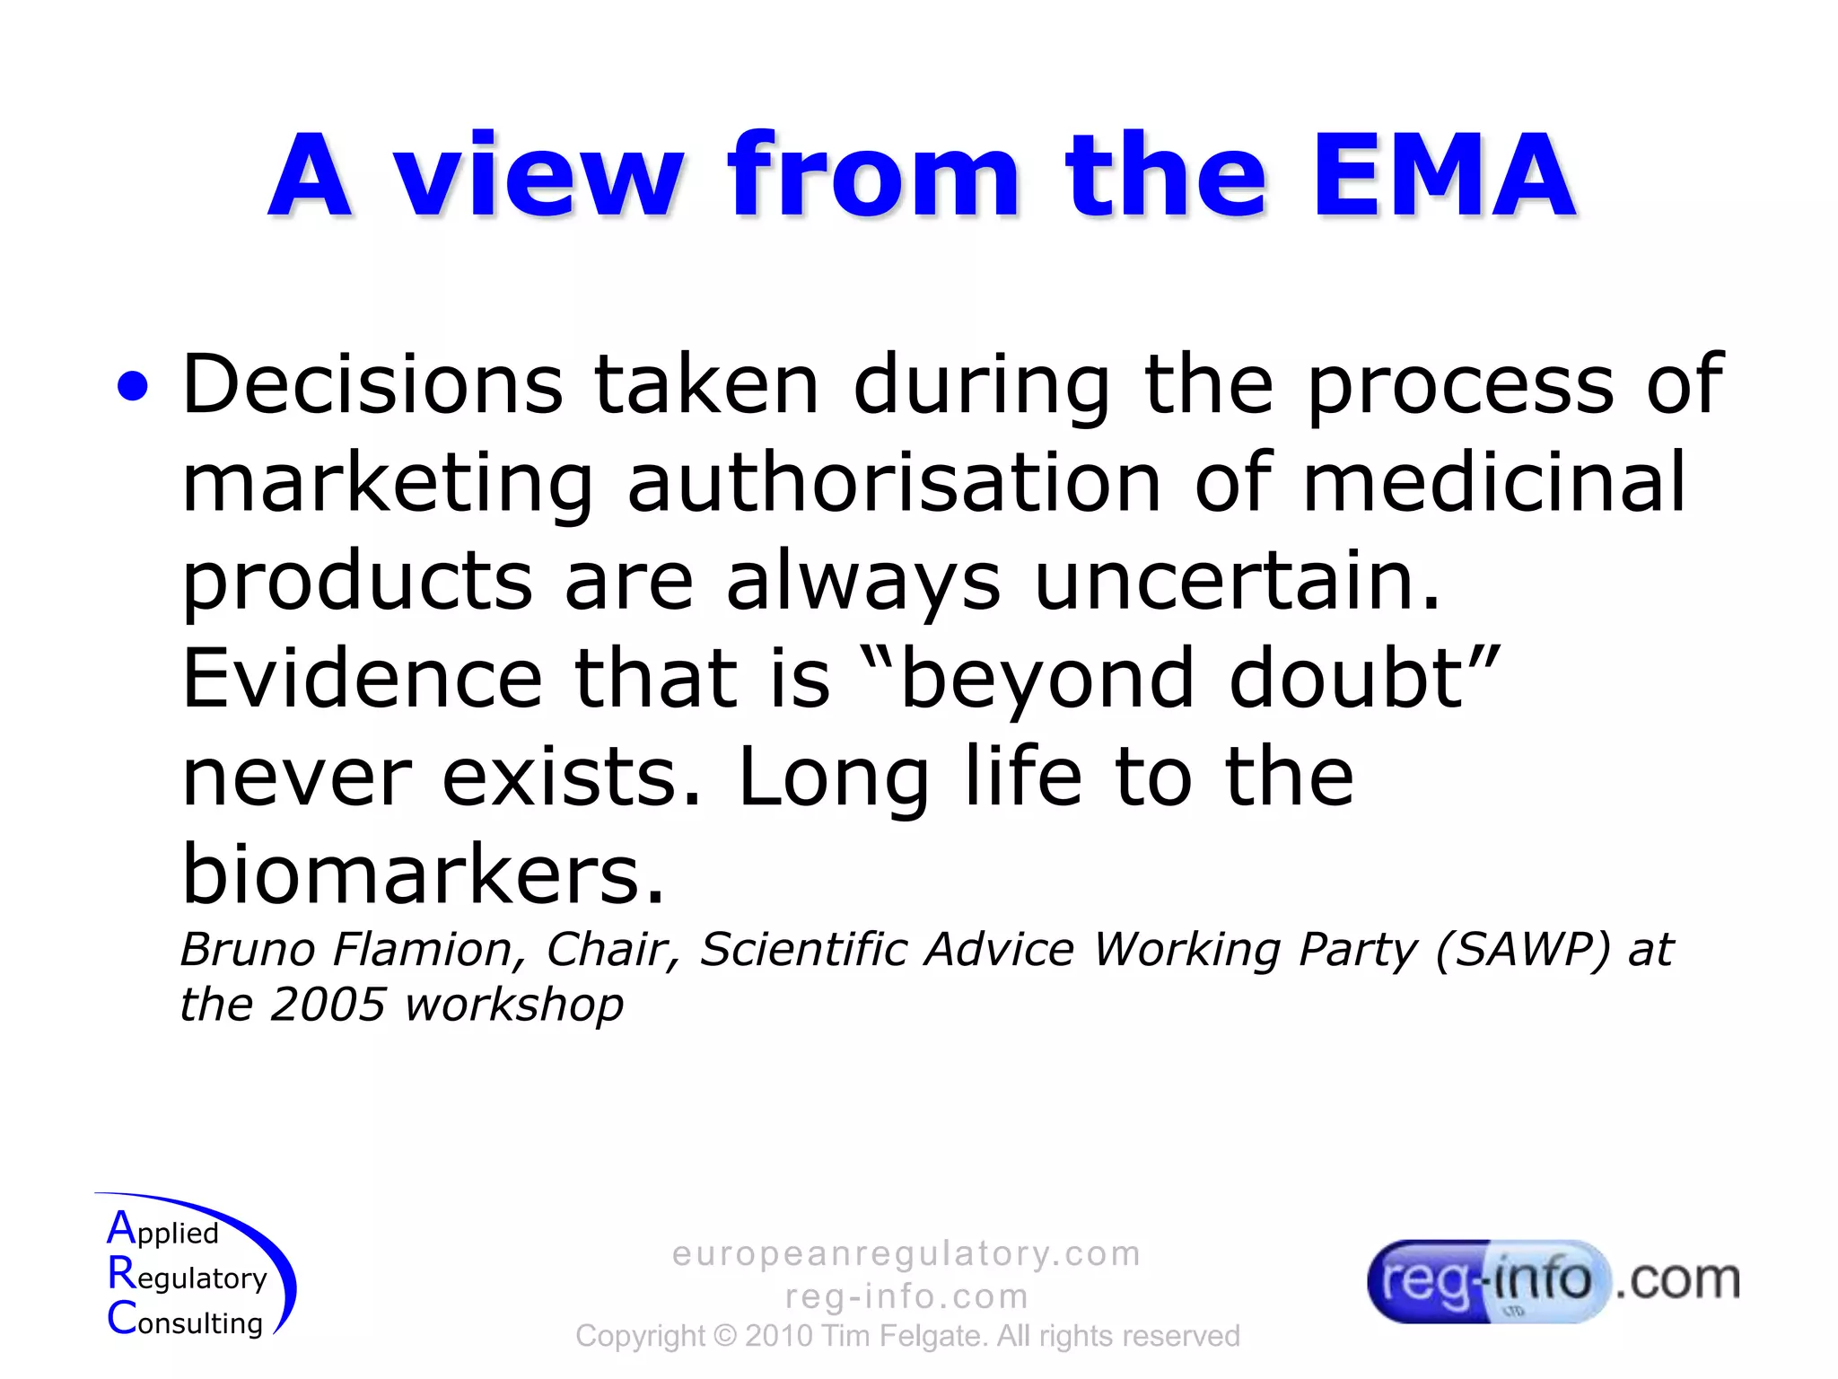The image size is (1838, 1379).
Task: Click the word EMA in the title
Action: tap(1443, 176)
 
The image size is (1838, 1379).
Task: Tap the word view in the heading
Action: tap(540, 176)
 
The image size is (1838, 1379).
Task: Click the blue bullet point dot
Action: tap(133, 387)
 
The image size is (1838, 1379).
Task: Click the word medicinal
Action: tap(1494, 482)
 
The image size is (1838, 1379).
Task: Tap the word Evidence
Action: tap(362, 679)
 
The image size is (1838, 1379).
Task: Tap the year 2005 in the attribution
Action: tap(328, 1005)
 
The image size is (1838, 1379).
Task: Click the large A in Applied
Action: tap(121, 1228)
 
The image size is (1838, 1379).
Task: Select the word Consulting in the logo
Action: tap(186, 1321)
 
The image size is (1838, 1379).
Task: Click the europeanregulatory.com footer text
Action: tap(906, 1253)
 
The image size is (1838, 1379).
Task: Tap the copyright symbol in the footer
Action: tap(724, 1337)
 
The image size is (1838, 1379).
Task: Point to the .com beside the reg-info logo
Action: tap(1677, 1280)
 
